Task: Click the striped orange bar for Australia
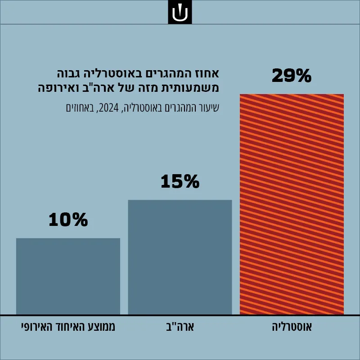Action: tap(292, 204)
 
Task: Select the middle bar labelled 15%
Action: tap(180, 257)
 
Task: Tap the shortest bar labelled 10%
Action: tap(68, 276)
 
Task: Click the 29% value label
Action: tap(292, 76)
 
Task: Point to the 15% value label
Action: tap(180, 182)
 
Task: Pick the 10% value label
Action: tap(68, 220)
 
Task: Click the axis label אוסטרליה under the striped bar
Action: tap(292, 327)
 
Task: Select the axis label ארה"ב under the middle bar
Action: tap(180, 327)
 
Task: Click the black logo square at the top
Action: tap(180, 12)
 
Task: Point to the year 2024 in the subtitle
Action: tap(109, 108)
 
